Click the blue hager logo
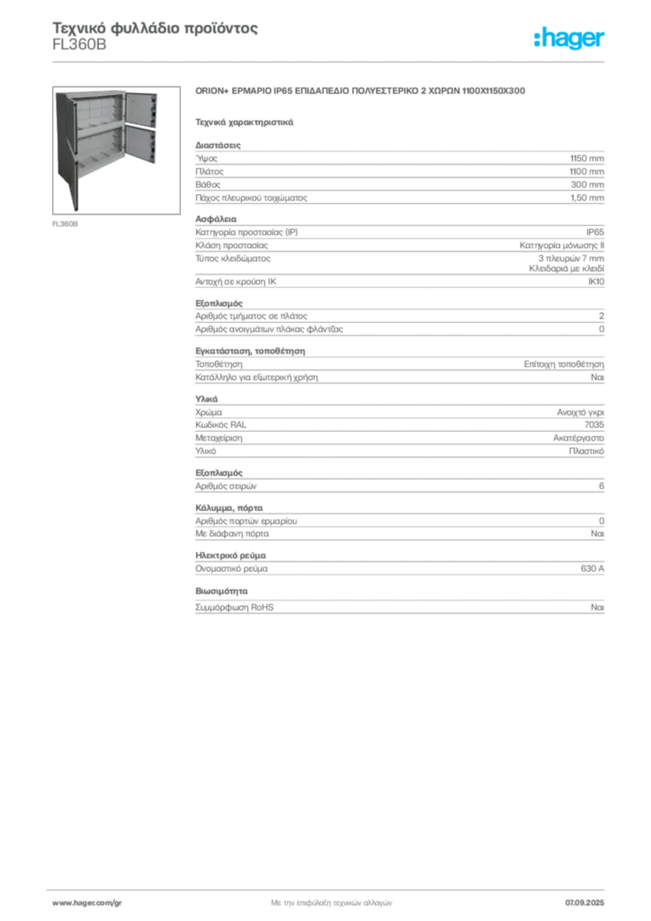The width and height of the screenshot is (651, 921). click(x=569, y=39)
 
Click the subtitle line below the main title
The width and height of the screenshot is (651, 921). click(x=245, y=120)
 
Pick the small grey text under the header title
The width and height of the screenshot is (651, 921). click(x=79, y=52)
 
